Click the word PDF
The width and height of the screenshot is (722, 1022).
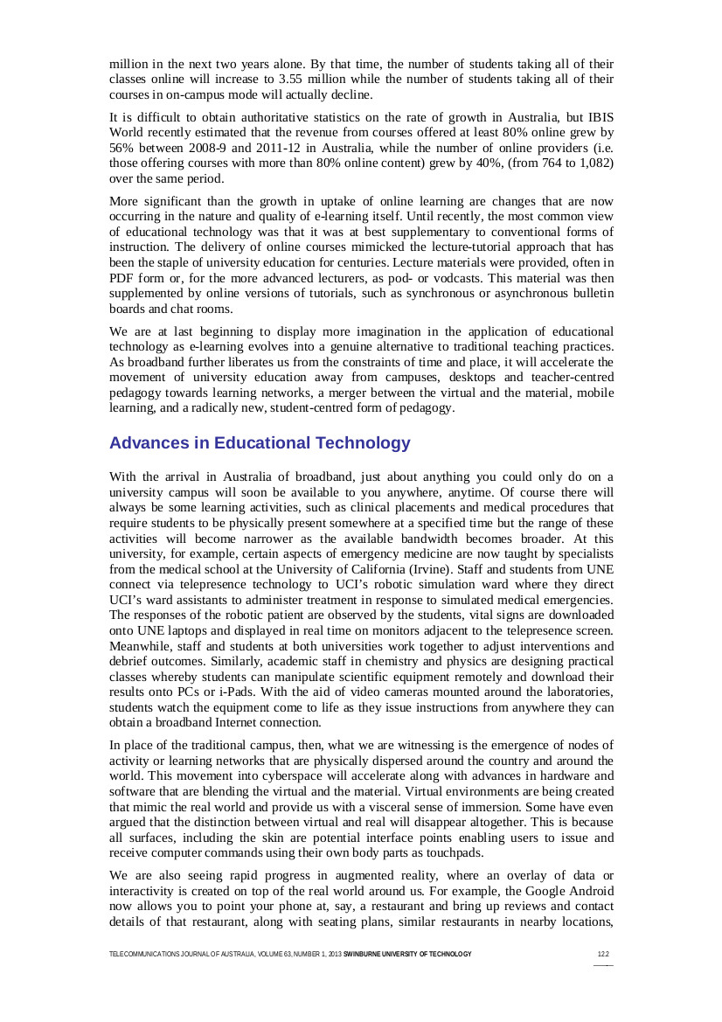pyautogui.click(x=122, y=277)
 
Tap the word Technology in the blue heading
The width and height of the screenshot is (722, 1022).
pyautogui.click(x=360, y=443)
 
